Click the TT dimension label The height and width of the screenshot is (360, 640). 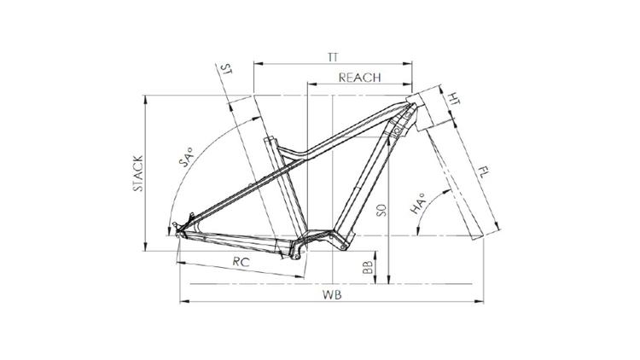(x=333, y=57)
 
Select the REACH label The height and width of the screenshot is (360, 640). (x=359, y=78)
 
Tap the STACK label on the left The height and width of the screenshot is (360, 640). (x=138, y=173)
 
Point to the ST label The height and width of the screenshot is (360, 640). (x=226, y=68)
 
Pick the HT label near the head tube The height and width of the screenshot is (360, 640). (x=453, y=99)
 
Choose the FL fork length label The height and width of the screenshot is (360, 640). (x=483, y=171)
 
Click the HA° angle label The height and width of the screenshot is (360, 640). (x=417, y=203)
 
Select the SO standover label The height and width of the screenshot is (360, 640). (x=381, y=210)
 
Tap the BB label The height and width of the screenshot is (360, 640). (x=368, y=267)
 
